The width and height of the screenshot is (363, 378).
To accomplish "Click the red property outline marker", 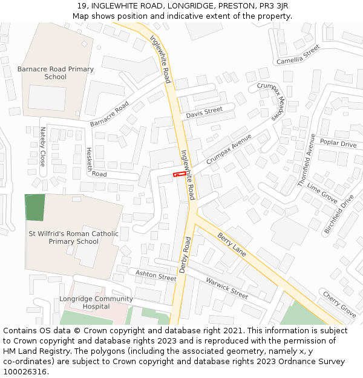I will pyautogui.click(x=180, y=174).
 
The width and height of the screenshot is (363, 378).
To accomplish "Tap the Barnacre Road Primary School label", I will pyautogui.click(x=56, y=73).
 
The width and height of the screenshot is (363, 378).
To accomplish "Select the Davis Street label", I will pyautogui.click(x=204, y=112).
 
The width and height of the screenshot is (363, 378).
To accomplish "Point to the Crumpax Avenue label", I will pyautogui.click(x=229, y=149).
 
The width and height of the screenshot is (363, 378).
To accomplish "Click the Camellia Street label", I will pyautogui.click(x=298, y=54).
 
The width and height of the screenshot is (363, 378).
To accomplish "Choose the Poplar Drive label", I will pyautogui.click(x=338, y=143).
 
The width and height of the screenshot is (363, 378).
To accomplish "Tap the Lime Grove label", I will pyautogui.click(x=322, y=192).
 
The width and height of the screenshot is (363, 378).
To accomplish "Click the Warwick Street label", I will pyautogui.click(x=227, y=288).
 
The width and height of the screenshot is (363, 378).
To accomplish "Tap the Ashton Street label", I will pyautogui.click(x=155, y=276).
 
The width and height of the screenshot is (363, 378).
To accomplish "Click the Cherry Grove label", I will pyautogui.click(x=339, y=304).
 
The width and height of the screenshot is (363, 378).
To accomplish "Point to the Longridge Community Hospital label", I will pyautogui.click(x=96, y=302).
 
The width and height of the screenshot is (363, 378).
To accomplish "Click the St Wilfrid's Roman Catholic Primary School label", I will pyautogui.click(x=73, y=237).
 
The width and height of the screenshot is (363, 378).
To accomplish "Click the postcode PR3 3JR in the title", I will pyautogui.click(x=269, y=6).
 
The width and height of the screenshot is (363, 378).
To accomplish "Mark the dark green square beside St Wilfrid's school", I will pyautogui.click(x=34, y=207).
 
